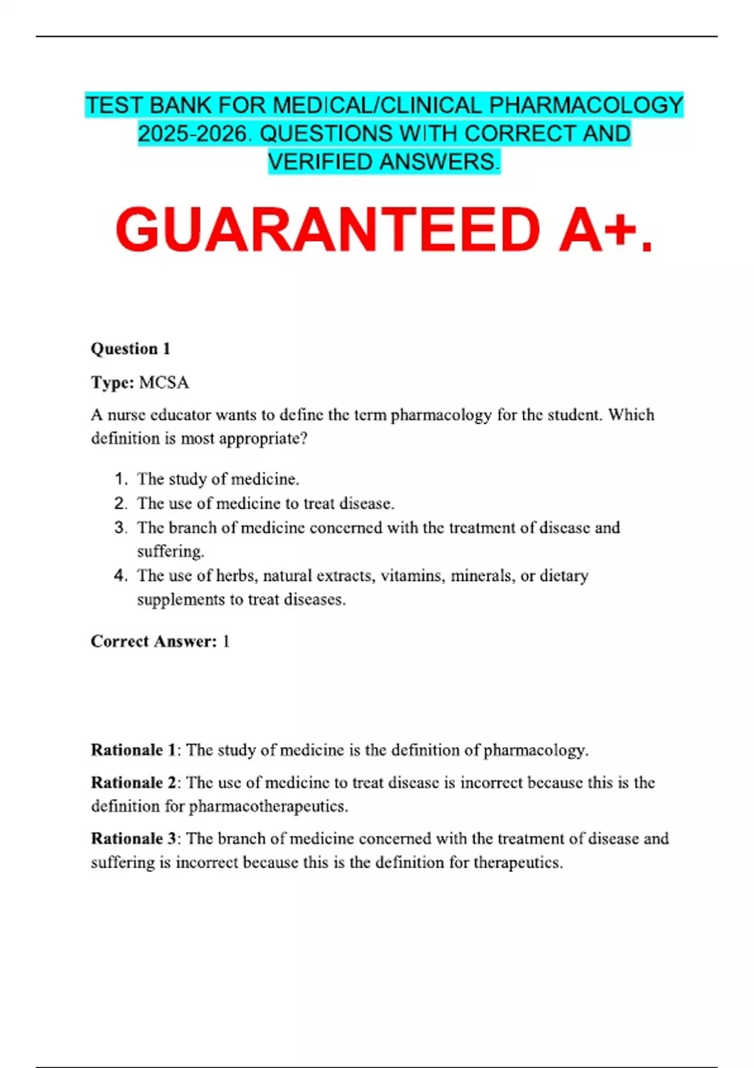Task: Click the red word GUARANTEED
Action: [327, 230]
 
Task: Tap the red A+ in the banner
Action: [597, 230]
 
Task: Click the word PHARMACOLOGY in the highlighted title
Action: [586, 106]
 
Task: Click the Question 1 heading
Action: [131, 349]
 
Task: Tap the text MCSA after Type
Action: [163, 383]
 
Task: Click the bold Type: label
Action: [112, 383]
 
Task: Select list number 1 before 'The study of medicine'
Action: [121, 479]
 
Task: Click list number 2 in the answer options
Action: [121, 503]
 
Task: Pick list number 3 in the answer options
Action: [121, 528]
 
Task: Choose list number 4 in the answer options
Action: [121, 575]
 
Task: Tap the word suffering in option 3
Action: [170, 552]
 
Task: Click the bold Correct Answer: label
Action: [153, 641]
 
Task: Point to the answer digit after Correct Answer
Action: [226, 641]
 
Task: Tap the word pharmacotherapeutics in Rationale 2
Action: [268, 806]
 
